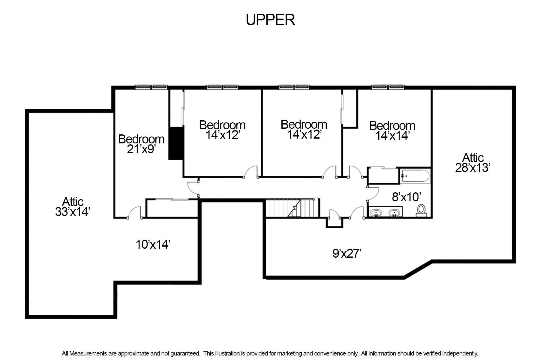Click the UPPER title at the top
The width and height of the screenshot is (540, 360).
click(270, 20)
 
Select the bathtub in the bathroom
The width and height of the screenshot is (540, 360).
click(415, 176)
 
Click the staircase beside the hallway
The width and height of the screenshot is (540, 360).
click(292, 208)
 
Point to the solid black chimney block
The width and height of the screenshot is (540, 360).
click(176, 143)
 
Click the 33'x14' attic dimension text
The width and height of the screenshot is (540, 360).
click(73, 212)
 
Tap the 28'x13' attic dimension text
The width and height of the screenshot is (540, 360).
click(473, 168)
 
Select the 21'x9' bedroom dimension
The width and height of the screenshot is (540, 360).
click(141, 149)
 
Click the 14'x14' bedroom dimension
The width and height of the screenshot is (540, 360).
click(392, 136)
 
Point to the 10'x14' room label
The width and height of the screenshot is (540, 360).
click(153, 244)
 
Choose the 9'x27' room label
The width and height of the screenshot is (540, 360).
click(347, 253)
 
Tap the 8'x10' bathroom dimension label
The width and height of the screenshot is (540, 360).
click(407, 197)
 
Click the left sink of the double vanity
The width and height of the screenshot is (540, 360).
click(376, 213)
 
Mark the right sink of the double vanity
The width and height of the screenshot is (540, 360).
click(394, 213)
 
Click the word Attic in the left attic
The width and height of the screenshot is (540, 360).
click(73, 201)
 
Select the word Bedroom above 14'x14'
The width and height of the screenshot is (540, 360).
click(392, 125)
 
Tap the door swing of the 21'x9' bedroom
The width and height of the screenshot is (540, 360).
click(134, 212)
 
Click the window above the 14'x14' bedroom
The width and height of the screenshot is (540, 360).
click(388, 87)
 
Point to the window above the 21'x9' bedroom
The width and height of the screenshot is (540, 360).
click(151, 87)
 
